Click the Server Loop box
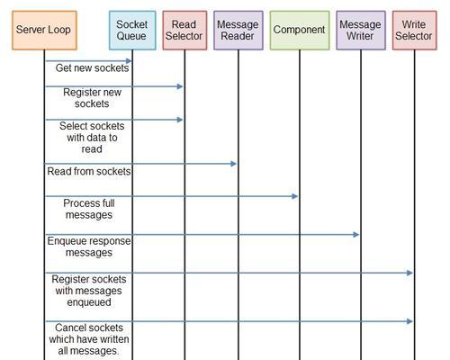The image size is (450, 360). click(x=44, y=31)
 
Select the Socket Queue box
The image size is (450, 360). click(x=132, y=31)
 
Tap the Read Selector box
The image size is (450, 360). click(x=184, y=31)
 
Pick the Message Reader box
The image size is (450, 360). click(x=238, y=31)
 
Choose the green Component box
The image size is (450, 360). click(x=300, y=31)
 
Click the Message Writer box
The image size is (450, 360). click(x=361, y=31)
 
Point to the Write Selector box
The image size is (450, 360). click(x=414, y=31)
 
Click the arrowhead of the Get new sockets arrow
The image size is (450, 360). click(x=129, y=61)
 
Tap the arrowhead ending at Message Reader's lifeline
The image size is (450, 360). click(x=234, y=164)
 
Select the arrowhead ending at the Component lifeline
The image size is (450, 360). click(x=295, y=196)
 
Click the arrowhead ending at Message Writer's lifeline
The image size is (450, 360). click(x=356, y=234)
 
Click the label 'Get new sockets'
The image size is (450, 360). click(x=92, y=68)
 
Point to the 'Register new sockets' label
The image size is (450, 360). click(x=92, y=98)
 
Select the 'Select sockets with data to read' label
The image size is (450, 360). click(x=92, y=138)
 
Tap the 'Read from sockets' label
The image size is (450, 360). click(x=89, y=171)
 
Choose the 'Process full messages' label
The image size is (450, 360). click(x=89, y=209)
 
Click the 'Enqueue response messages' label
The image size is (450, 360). click(x=89, y=247)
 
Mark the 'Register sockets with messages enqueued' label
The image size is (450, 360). click(x=89, y=291)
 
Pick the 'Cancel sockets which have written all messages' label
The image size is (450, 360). click(x=89, y=339)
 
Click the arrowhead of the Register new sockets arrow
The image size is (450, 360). click(x=180, y=86)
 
